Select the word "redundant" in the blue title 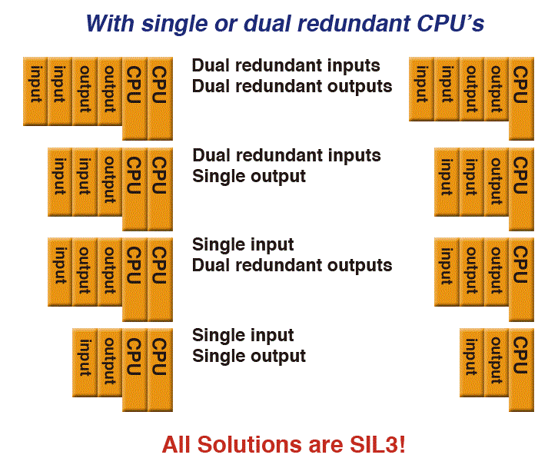[x=347, y=23]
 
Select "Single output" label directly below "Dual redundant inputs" [x=249, y=177]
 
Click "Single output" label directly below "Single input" [x=249, y=357]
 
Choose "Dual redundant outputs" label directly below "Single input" [x=292, y=266]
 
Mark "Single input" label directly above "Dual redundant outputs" [x=243, y=245]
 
